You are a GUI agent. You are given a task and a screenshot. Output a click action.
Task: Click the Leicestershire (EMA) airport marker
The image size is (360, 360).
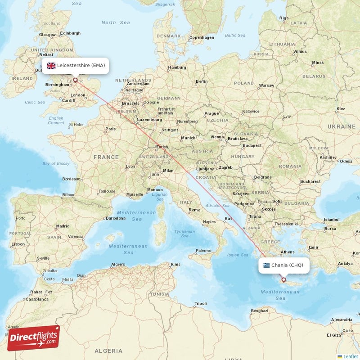tap(75, 81)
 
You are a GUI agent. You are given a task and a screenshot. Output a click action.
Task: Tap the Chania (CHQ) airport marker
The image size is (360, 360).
tap(283, 280)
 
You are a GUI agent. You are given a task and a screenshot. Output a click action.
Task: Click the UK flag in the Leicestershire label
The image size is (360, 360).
tap(51, 66)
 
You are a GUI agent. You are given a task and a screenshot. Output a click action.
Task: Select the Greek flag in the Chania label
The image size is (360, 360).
tap(266, 265)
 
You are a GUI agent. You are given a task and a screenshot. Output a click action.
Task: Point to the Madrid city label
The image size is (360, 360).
tap(63, 226)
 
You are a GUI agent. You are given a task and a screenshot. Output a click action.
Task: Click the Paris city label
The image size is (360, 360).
tap(110, 129)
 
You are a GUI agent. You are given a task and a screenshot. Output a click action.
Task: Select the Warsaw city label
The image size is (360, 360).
tap(266, 85)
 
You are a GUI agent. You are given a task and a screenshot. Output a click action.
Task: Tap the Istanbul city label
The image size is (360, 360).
tap(331, 220)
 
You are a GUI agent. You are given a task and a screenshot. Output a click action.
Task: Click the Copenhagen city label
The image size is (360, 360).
tap(202, 37)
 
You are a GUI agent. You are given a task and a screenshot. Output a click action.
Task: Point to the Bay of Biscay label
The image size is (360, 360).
tap(56, 163)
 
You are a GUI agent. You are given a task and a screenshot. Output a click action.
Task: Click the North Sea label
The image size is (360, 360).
tap(116, 22)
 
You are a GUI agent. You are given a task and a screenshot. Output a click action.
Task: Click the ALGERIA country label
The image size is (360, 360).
tap(108, 351)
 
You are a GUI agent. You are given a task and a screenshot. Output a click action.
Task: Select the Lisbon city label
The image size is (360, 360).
tap(18, 244)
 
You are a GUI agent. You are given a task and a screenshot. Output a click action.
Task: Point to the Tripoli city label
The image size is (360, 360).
tap(200, 303)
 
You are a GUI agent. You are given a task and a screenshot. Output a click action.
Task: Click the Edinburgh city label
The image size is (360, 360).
tap(70, 33)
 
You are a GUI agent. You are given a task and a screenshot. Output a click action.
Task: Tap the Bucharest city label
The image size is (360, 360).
tap(310, 181)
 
